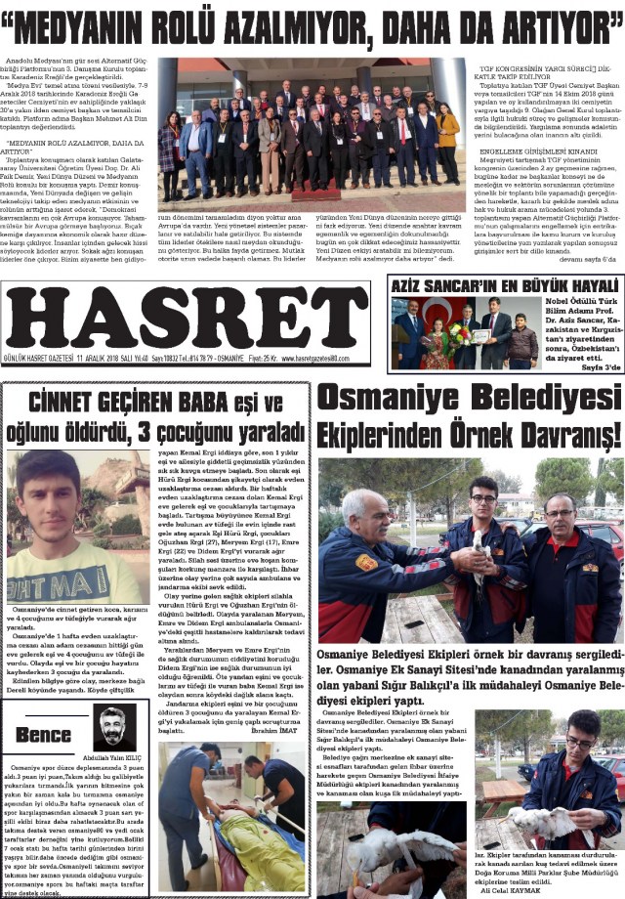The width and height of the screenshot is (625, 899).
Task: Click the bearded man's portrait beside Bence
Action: [x=110, y=727]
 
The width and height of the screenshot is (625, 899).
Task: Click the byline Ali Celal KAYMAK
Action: [x=511, y=890]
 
